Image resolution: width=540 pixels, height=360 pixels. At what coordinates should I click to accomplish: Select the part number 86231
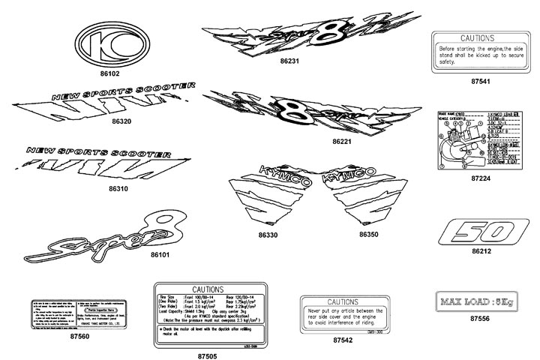289,61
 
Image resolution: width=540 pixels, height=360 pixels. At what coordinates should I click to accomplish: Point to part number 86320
121,120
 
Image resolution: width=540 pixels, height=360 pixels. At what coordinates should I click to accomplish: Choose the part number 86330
268,235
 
